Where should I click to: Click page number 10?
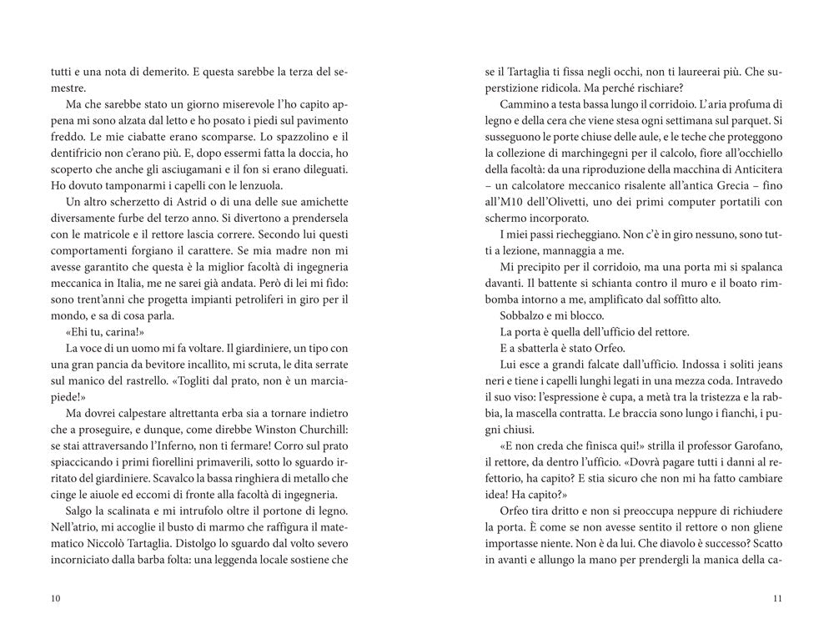click(x=56, y=598)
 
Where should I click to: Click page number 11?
click(x=776, y=598)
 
